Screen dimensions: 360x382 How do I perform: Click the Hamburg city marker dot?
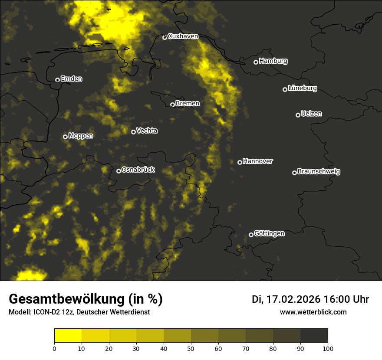pos(256,62)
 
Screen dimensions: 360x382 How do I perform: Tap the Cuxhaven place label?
pos(183,36)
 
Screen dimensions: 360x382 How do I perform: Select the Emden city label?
pos(71,79)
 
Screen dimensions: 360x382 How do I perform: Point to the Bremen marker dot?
pos(172,105)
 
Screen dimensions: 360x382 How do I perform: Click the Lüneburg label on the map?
pos(303,88)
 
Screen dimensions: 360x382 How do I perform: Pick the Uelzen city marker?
pos(298,115)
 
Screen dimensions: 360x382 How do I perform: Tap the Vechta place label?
pos(147,131)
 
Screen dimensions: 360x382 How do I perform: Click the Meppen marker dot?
pos(65,137)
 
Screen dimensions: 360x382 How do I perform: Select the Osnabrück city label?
pos(138,170)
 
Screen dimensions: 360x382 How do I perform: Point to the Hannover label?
pos(258,161)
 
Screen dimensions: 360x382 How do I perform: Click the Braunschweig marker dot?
pos(294,173)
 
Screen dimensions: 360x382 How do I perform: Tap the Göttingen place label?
pos(269,234)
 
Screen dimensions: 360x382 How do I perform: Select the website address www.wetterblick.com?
pos(313,312)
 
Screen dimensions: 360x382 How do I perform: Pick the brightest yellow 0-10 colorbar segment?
pos(68,336)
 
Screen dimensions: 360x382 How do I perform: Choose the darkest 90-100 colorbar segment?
pos(314,336)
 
